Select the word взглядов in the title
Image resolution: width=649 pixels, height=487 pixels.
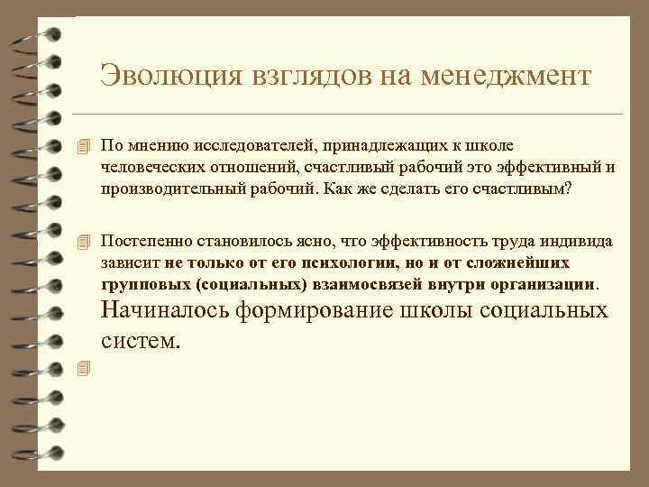pyautogui.click(x=306, y=75)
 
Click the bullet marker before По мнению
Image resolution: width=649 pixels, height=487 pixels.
pyautogui.click(x=86, y=145)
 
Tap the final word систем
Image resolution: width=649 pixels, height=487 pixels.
pyautogui.click(x=142, y=341)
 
